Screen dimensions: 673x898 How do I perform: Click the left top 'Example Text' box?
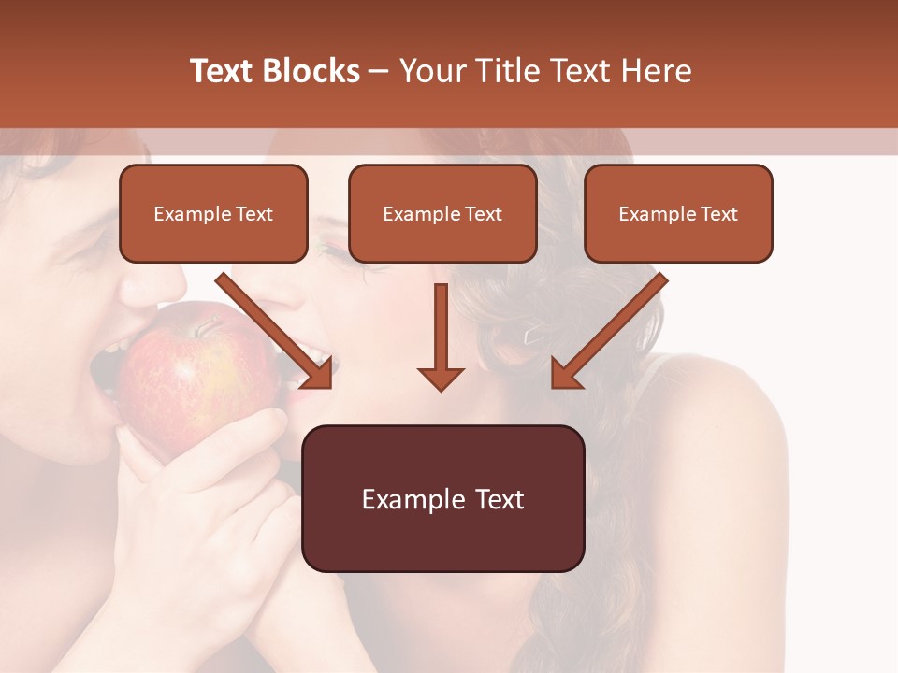(213, 214)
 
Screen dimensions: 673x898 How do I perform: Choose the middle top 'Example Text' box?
(442, 214)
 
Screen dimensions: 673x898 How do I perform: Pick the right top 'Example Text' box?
(678, 214)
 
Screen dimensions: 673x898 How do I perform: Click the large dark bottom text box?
(442, 498)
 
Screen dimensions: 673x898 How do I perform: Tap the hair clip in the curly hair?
(534, 333)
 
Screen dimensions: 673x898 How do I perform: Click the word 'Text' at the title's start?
(223, 71)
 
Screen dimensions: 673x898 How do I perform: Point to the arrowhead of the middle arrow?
(441, 378)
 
